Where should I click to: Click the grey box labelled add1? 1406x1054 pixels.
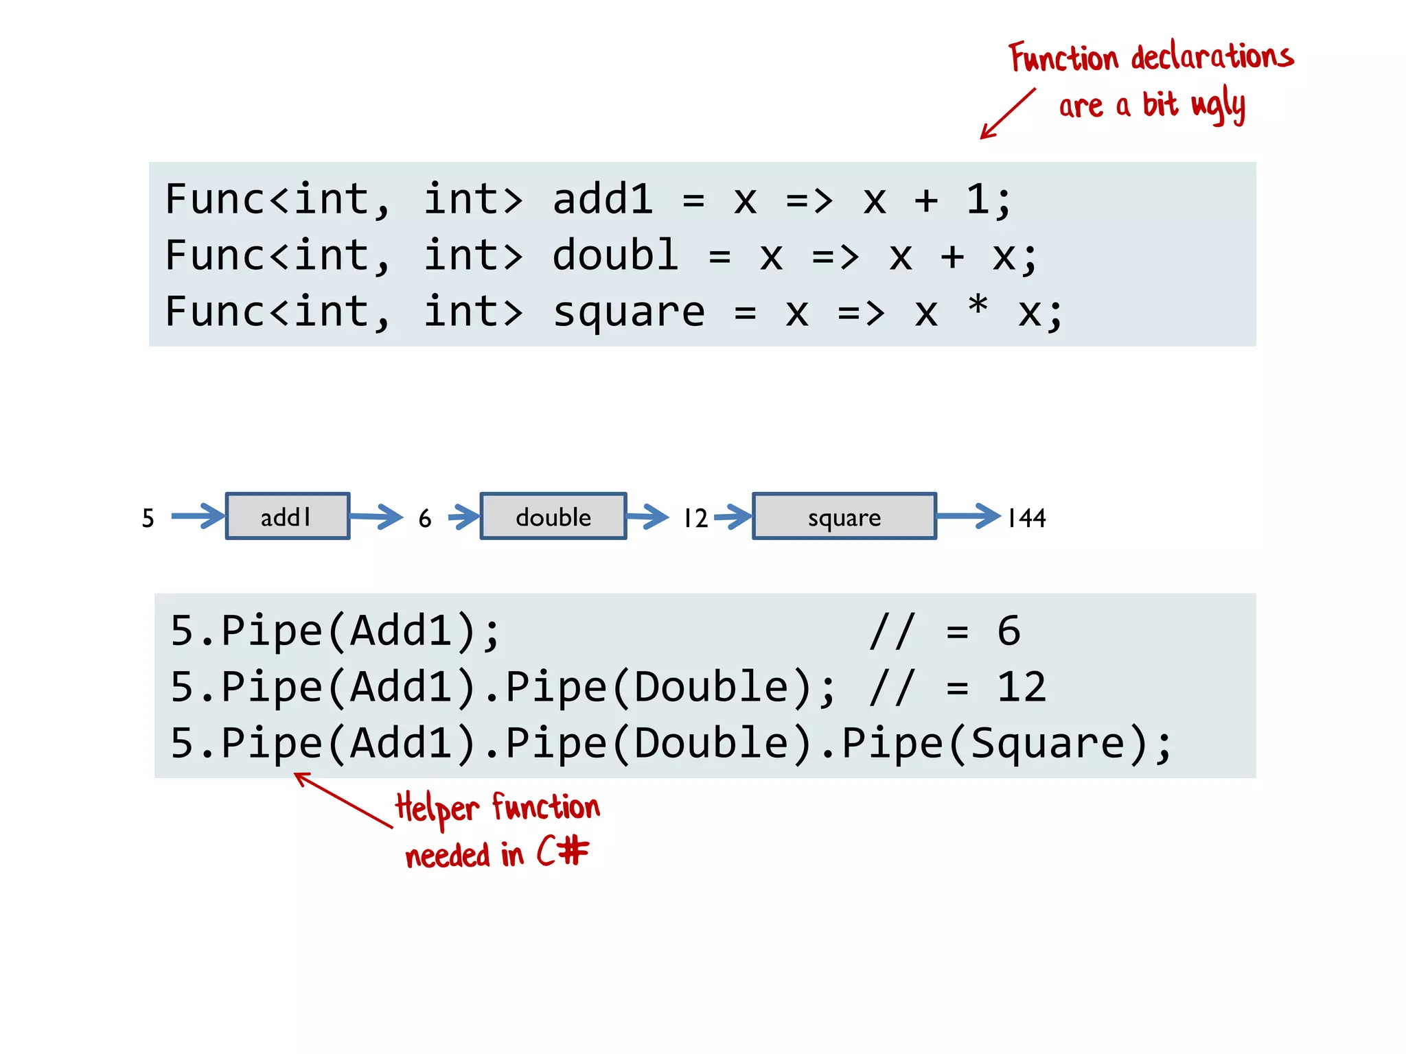[287, 516]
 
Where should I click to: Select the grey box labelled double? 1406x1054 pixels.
[553, 516]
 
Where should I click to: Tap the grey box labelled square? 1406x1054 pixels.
[844, 516]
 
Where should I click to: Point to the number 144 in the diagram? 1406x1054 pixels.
[1026, 517]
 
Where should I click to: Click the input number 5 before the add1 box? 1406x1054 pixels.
[148, 517]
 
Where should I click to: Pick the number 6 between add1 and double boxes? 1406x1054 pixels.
[425, 518]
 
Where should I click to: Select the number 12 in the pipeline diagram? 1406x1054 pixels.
[695, 518]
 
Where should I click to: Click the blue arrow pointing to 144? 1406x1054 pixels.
[969, 516]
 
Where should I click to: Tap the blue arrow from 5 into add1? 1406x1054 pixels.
[198, 516]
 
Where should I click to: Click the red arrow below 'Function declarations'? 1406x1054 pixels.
[1006, 114]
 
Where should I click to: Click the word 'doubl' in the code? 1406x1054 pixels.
[615, 256]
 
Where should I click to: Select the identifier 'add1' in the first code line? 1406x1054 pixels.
[602, 200]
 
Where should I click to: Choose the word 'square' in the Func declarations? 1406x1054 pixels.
[628, 313]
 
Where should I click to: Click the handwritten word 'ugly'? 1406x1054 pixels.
[1218, 106]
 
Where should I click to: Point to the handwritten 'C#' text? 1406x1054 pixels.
[562, 852]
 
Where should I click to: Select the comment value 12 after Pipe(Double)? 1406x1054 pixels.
[1022, 687]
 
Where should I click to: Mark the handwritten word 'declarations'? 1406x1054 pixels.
[1212, 56]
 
